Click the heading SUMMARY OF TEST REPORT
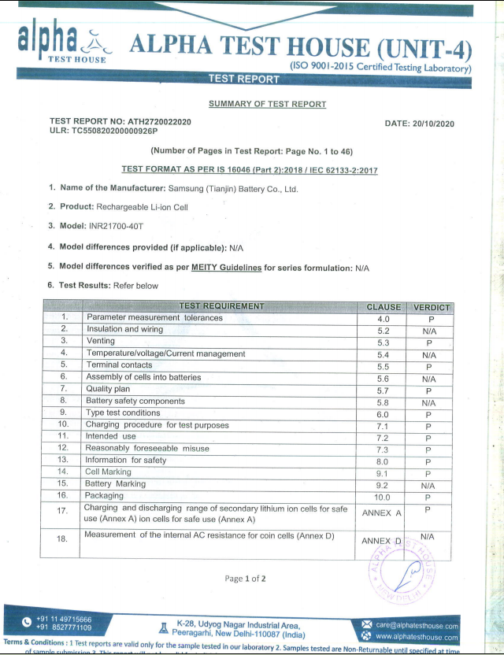pyautogui.click(x=267, y=104)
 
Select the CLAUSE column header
pyautogui.click(x=384, y=306)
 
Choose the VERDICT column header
pyautogui.click(x=430, y=306)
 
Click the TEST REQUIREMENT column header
pyautogui.click(x=221, y=305)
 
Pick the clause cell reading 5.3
pyautogui.click(x=384, y=342)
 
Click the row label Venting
pyautogui.click(x=100, y=342)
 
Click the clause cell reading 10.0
pyautogui.click(x=383, y=497)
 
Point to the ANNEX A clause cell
pyautogui.click(x=382, y=513)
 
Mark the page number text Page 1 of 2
pyautogui.click(x=245, y=579)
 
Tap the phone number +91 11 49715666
pyautogui.click(x=63, y=620)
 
